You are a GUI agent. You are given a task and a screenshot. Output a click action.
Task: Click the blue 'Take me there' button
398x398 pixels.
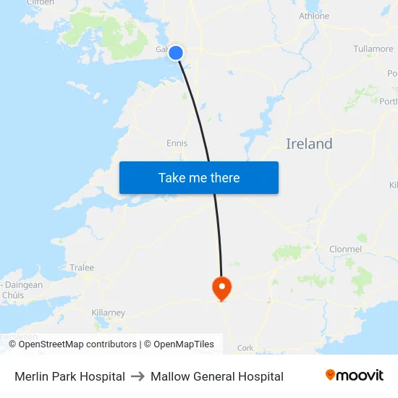tap(199, 178)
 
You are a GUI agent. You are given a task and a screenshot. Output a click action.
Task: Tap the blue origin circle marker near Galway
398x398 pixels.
tap(176, 52)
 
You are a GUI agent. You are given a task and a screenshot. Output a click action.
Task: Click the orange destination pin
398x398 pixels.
tap(221, 289)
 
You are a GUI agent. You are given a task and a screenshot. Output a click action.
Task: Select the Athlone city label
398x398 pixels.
tap(314, 16)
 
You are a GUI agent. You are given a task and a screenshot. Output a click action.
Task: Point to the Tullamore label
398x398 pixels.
tap(373, 49)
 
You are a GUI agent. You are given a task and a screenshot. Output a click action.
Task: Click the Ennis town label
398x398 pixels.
tap(177, 143)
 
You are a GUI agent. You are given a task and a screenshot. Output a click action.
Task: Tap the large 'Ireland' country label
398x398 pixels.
tap(309, 144)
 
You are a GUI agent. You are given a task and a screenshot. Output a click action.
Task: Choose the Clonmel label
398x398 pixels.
tap(344, 249)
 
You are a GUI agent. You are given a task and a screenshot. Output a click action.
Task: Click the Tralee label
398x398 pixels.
tap(82, 268)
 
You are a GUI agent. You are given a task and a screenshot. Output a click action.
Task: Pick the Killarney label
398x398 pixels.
tap(109, 313)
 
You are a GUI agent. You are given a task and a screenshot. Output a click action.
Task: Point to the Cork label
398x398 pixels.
tap(245, 348)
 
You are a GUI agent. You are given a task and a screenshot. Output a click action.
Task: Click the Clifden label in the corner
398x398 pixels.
tap(40, 3)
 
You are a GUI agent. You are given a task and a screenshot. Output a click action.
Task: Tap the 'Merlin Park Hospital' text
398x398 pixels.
tap(69, 376)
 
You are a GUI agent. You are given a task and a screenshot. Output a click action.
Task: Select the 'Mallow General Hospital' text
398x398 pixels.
tap(217, 376)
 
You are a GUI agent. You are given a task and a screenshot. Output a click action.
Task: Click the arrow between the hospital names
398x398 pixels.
tap(137, 376)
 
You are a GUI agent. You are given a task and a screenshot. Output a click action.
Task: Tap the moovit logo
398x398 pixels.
tap(355, 376)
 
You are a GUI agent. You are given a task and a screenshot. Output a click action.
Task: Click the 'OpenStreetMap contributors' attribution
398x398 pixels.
tap(77, 344)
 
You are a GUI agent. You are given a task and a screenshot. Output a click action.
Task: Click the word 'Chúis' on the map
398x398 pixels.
tap(13, 295)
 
